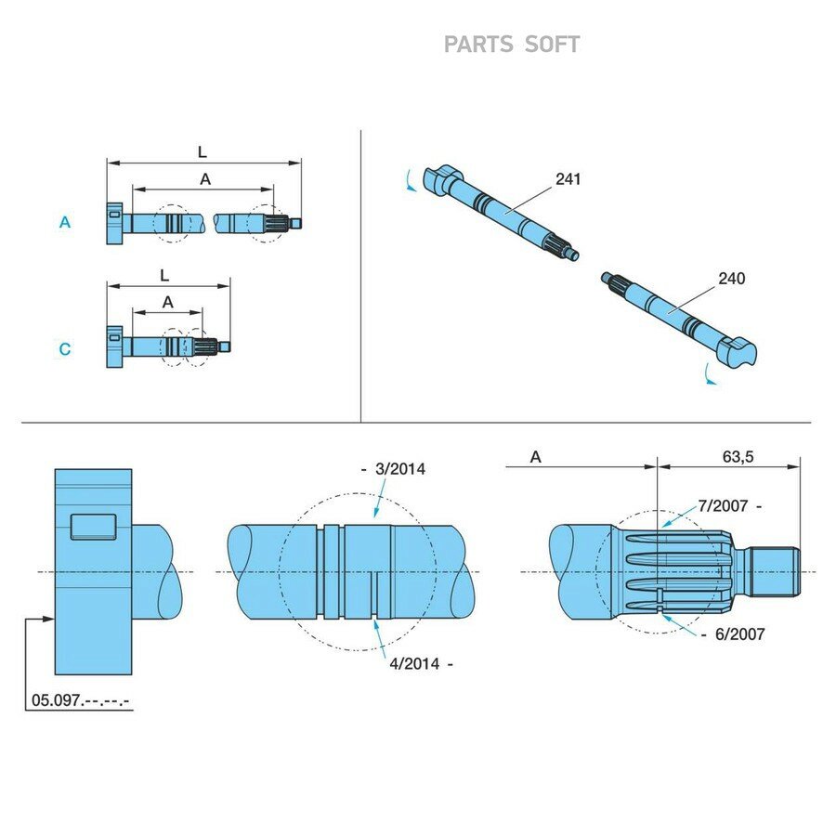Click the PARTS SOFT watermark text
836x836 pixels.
click(x=511, y=45)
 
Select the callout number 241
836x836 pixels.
click(x=568, y=178)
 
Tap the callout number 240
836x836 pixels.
click(x=732, y=278)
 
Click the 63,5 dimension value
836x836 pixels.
click(x=738, y=456)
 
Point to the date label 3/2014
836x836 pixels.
click(x=400, y=469)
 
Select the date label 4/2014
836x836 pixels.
click(x=414, y=664)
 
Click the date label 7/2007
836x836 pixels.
click(x=723, y=505)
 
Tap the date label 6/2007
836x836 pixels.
click(x=740, y=634)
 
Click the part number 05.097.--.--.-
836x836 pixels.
click(x=80, y=700)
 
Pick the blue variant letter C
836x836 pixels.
click(x=64, y=348)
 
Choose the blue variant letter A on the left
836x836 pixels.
click(x=64, y=222)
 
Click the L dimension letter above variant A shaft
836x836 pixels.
click(x=202, y=152)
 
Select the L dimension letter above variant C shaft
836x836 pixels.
click(x=164, y=276)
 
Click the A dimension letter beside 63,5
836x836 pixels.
click(x=535, y=457)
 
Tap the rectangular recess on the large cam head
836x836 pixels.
click(x=93, y=527)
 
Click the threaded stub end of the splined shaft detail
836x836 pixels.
click(x=775, y=572)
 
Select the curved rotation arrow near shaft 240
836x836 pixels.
click(x=711, y=374)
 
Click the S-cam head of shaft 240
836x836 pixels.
click(x=737, y=351)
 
